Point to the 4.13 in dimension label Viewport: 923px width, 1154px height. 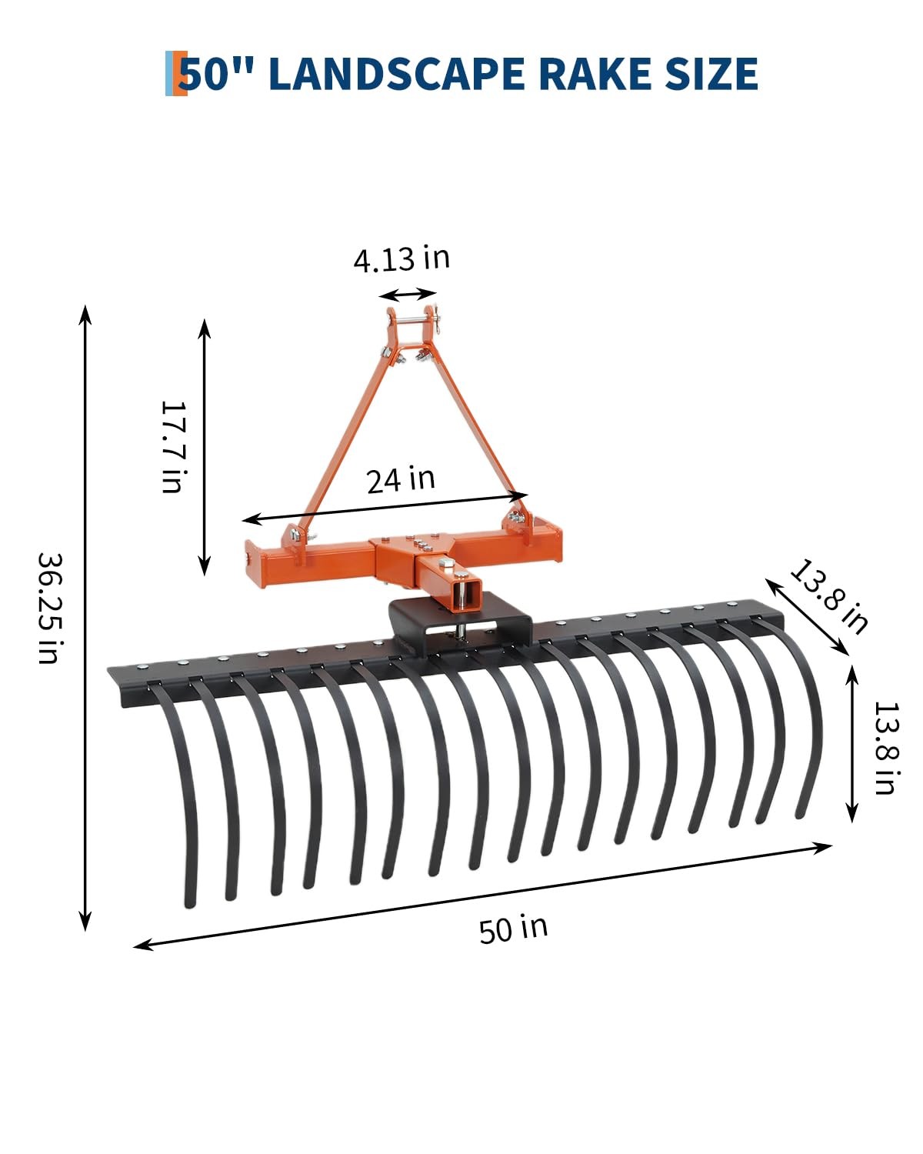[402, 258]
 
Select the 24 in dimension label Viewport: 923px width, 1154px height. [401, 479]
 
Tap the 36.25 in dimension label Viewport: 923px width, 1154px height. [51, 609]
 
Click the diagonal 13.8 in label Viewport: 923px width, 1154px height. [828, 596]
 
